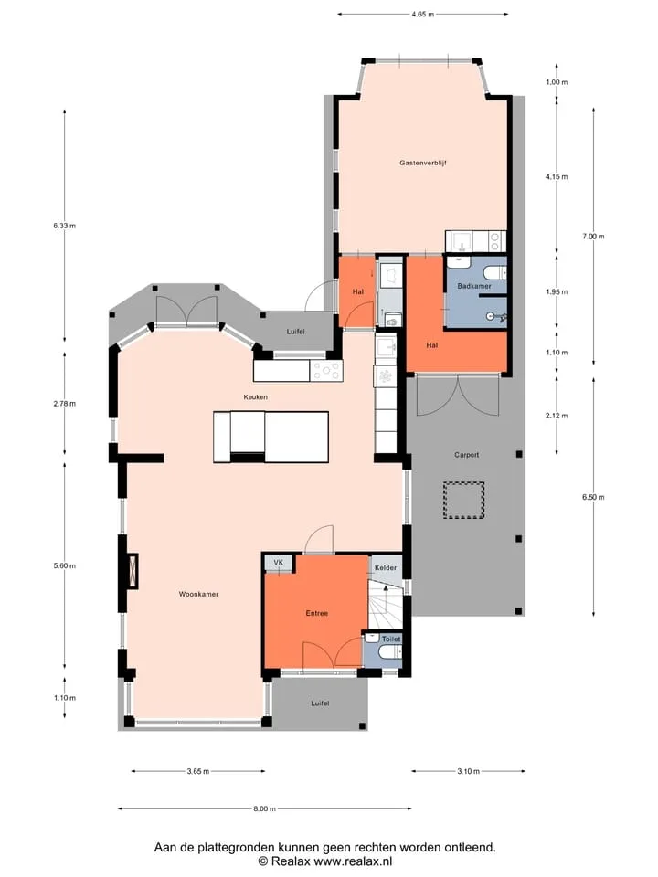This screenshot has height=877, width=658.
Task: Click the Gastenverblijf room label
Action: tap(422, 163)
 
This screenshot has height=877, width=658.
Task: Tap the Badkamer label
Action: tap(474, 286)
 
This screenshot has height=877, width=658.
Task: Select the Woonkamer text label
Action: tap(198, 594)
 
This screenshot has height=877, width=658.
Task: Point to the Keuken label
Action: tap(255, 397)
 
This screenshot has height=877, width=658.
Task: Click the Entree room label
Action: tap(317, 613)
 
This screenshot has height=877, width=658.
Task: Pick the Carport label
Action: tap(466, 455)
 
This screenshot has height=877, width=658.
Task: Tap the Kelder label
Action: tap(386, 567)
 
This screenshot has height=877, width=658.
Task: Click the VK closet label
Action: tap(278, 563)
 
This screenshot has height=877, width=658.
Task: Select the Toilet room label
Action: tap(391, 639)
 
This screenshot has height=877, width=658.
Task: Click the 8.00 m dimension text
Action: tap(265, 808)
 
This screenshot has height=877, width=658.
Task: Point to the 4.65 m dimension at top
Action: tap(422, 15)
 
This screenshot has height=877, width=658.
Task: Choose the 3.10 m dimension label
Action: tap(468, 771)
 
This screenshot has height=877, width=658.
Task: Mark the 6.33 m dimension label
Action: tap(64, 226)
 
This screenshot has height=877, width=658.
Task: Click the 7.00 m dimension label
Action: tap(593, 237)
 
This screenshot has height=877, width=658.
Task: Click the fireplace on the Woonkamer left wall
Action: tap(132, 571)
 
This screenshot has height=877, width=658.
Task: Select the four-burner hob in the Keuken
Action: tap(326, 371)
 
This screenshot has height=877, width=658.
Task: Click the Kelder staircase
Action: tap(385, 607)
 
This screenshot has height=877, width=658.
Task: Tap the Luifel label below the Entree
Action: tap(320, 703)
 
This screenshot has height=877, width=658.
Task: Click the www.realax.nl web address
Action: tap(353, 861)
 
